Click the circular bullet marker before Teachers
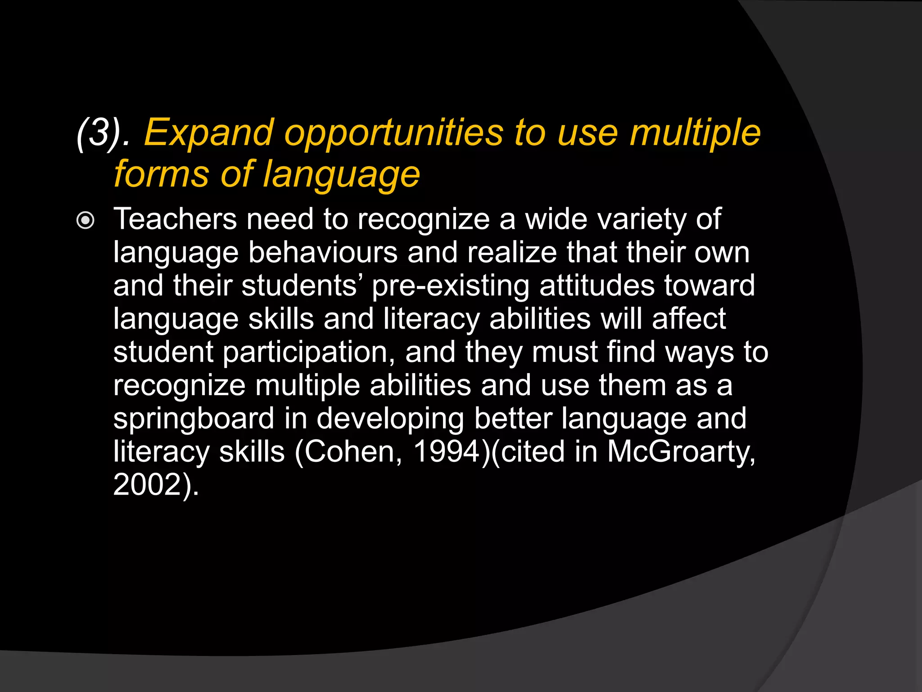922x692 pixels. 86,221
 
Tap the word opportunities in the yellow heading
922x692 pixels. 393,133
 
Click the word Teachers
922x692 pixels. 175,219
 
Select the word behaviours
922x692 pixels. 323,252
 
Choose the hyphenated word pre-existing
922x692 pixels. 451,286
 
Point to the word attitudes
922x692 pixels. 597,286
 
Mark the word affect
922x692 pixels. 689,319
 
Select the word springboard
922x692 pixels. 194,419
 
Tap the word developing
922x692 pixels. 390,419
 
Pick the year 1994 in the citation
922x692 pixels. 447,452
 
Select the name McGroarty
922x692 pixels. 680,452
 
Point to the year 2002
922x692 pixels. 146,485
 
